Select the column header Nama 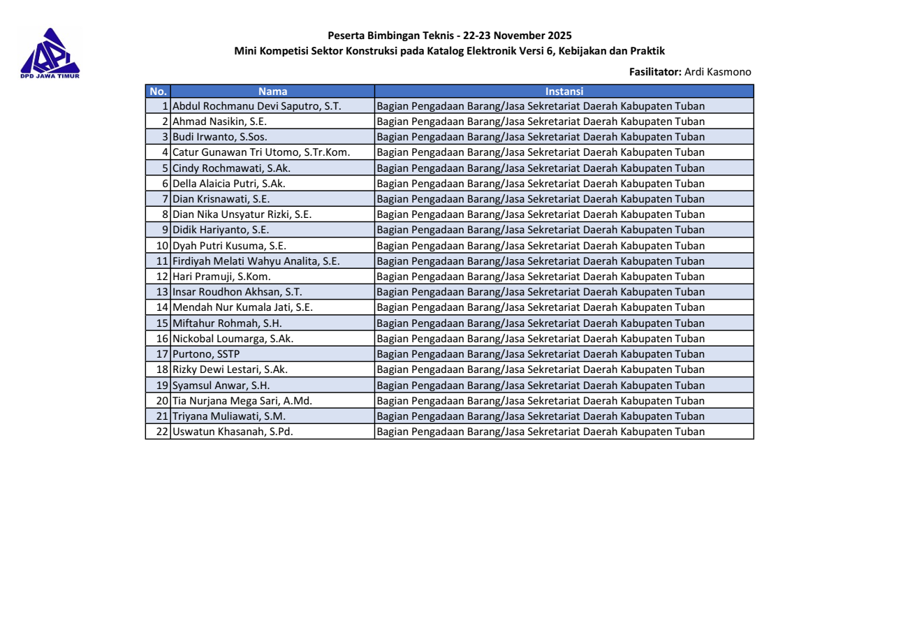272,91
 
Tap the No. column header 158,91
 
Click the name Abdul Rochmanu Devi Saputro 256,106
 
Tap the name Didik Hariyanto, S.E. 221,229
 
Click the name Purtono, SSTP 207,353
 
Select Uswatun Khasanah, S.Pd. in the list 233,432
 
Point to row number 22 162,432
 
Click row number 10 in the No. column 162,244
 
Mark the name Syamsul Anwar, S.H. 221,384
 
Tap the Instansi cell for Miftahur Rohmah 540,323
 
